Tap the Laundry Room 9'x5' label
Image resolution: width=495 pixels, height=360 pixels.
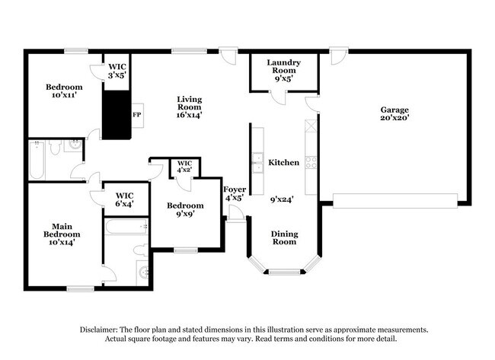(x=283, y=70)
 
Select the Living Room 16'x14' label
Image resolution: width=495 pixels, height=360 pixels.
(x=190, y=107)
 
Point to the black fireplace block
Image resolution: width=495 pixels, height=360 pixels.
(x=117, y=114)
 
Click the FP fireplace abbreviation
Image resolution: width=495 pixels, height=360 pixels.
(x=136, y=115)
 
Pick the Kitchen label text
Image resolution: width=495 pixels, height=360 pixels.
(x=283, y=163)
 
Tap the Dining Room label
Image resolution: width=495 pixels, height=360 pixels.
(x=284, y=237)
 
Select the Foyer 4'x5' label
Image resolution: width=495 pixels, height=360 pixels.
(x=233, y=193)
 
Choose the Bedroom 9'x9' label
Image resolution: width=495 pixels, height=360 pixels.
(x=185, y=210)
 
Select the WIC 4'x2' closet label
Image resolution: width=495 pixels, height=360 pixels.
(x=184, y=167)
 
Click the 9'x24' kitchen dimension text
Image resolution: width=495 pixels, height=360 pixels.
(x=283, y=200)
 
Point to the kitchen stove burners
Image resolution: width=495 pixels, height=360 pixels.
(x=311, y=161)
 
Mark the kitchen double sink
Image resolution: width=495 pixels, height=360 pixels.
(x=257, y=161)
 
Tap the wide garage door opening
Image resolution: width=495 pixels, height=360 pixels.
(x=395, y=200)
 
